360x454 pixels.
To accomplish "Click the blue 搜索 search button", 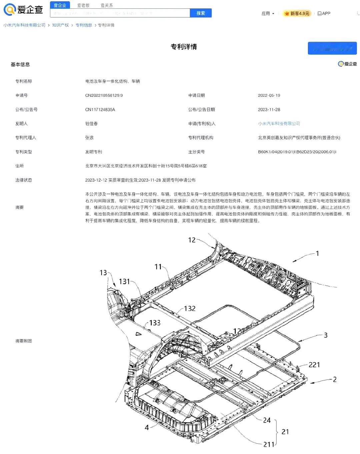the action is point(201,13).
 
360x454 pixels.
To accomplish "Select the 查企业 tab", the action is point(60,5).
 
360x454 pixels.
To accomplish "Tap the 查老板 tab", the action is point(83,5).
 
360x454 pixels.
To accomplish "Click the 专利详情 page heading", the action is point(184,47).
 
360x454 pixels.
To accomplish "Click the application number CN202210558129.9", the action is point(104,95).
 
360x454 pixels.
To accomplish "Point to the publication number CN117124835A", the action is point(100,110).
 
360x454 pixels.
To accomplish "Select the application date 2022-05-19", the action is point(269,95).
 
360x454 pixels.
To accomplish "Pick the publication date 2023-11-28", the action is point(269,110).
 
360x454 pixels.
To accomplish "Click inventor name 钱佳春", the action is point(91,124).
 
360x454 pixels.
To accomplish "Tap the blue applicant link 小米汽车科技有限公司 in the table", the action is point(279,124).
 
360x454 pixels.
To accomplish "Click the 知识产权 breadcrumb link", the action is point(60,25).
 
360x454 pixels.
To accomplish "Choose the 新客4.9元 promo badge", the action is point(297,14).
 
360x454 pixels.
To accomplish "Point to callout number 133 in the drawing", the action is point(155,323).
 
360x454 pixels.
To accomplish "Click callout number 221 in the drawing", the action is point(314,365).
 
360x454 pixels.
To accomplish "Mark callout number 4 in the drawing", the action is point(147,427).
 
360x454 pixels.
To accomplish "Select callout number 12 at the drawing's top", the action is point(192,240).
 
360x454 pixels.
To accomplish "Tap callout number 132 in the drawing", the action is point(190,309).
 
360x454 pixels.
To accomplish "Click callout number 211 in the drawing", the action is point(269,444).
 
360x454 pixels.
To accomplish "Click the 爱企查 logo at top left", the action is point(23,9).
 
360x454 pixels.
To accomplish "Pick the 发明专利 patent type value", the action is point(94,152).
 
